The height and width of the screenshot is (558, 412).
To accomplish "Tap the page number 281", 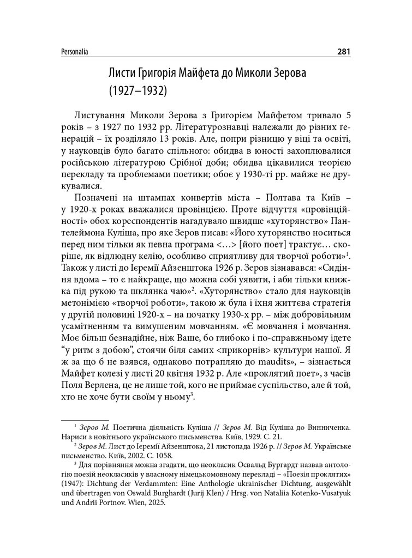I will point(343,52).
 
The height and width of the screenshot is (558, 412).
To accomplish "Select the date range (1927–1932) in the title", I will point(137,89).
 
